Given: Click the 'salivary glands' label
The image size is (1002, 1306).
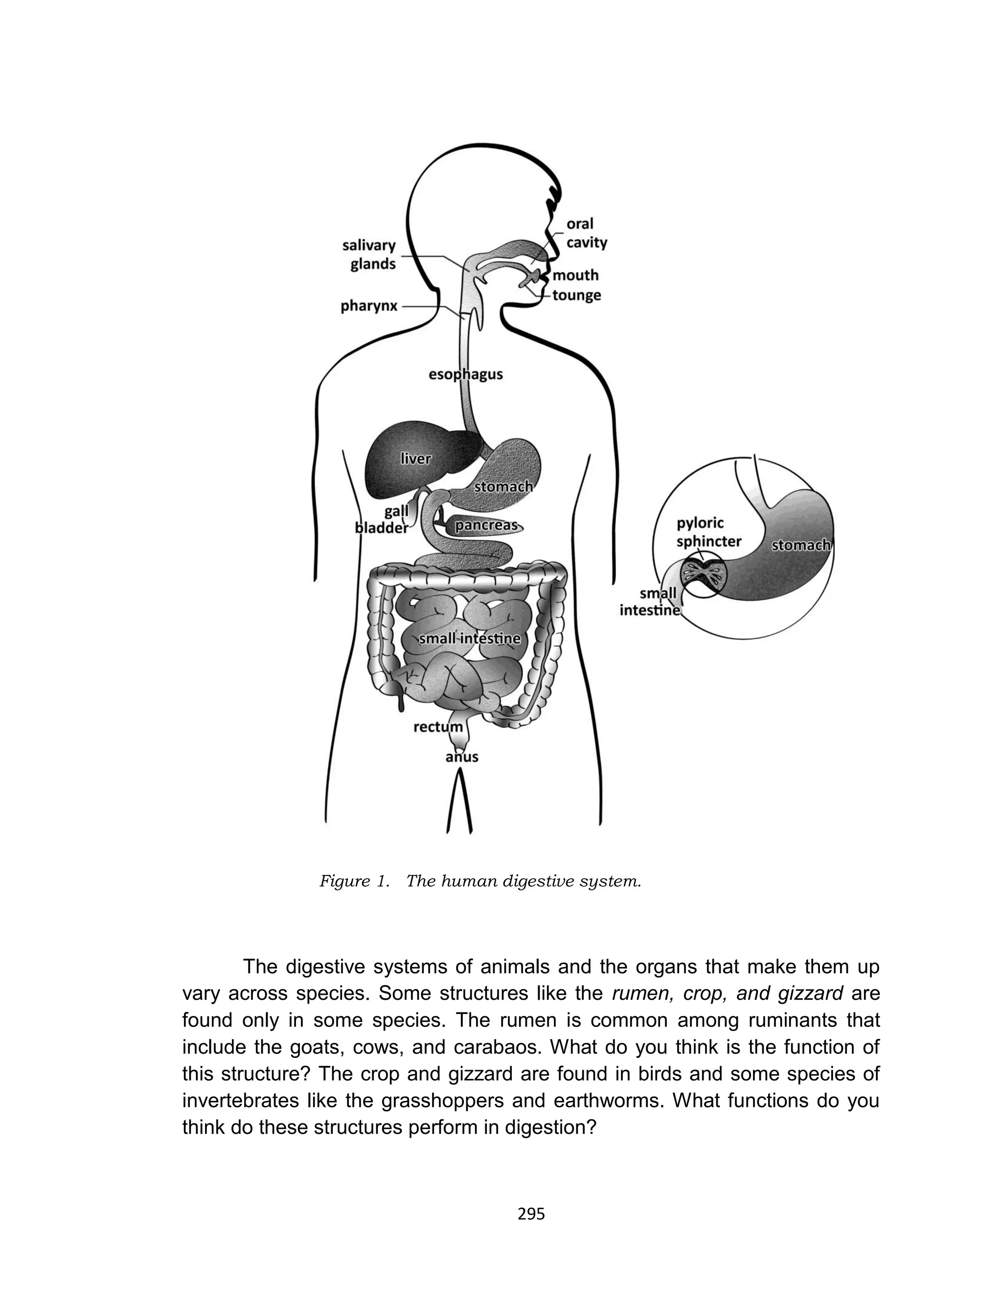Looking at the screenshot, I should click(x=369, y=254).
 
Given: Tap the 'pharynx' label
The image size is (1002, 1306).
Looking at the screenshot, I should click(x=368, y=306).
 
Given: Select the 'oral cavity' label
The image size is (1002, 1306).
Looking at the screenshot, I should click(x=586, y=233).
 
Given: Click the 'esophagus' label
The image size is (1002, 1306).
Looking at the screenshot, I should click(x=465, y=374).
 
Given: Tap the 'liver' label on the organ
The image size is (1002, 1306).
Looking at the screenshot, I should click(x=416, y=458).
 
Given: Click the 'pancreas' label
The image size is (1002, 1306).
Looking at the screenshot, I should click(x=485, y=526).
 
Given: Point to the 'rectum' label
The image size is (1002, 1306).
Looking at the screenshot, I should click(x=438, y=727).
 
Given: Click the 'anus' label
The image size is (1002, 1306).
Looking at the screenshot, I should click(x=462, y=757).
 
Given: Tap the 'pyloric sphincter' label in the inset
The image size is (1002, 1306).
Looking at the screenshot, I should click(x=708, y=532).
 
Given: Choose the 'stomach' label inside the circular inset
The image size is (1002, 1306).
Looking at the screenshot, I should click(x=800, y=545).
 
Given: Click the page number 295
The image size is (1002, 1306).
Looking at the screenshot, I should click(x=531, y=1214).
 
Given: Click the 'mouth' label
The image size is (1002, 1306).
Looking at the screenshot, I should click(x=575, y=275).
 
